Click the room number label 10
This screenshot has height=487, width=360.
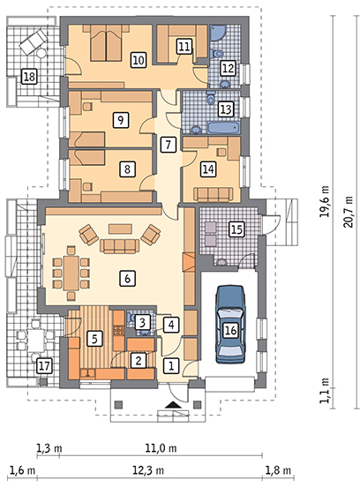pos(139,59)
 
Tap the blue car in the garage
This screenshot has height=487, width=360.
pos(230,325)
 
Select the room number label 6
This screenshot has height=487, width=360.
pos(127,278)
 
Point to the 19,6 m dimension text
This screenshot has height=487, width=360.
pos(325,201)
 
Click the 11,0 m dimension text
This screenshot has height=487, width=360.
pos(161,448)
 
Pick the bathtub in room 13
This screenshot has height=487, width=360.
pos(224,128)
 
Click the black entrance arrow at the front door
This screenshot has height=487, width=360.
pos(172,405)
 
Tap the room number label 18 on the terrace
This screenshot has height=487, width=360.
pos(29,76)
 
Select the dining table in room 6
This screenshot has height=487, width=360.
pos(71,273)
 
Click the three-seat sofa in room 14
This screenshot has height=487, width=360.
pos(213,194)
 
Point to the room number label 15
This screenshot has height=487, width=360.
pos(236,229)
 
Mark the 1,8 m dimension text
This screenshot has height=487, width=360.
pos(278,470)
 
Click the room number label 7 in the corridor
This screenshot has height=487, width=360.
pos(169,145)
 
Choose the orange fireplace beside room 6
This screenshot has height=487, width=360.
pos(189,262)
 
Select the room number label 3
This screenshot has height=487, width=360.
pos(142,322)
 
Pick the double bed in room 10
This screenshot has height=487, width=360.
pos(106,43)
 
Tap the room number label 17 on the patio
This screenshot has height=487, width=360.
pos(44,366)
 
